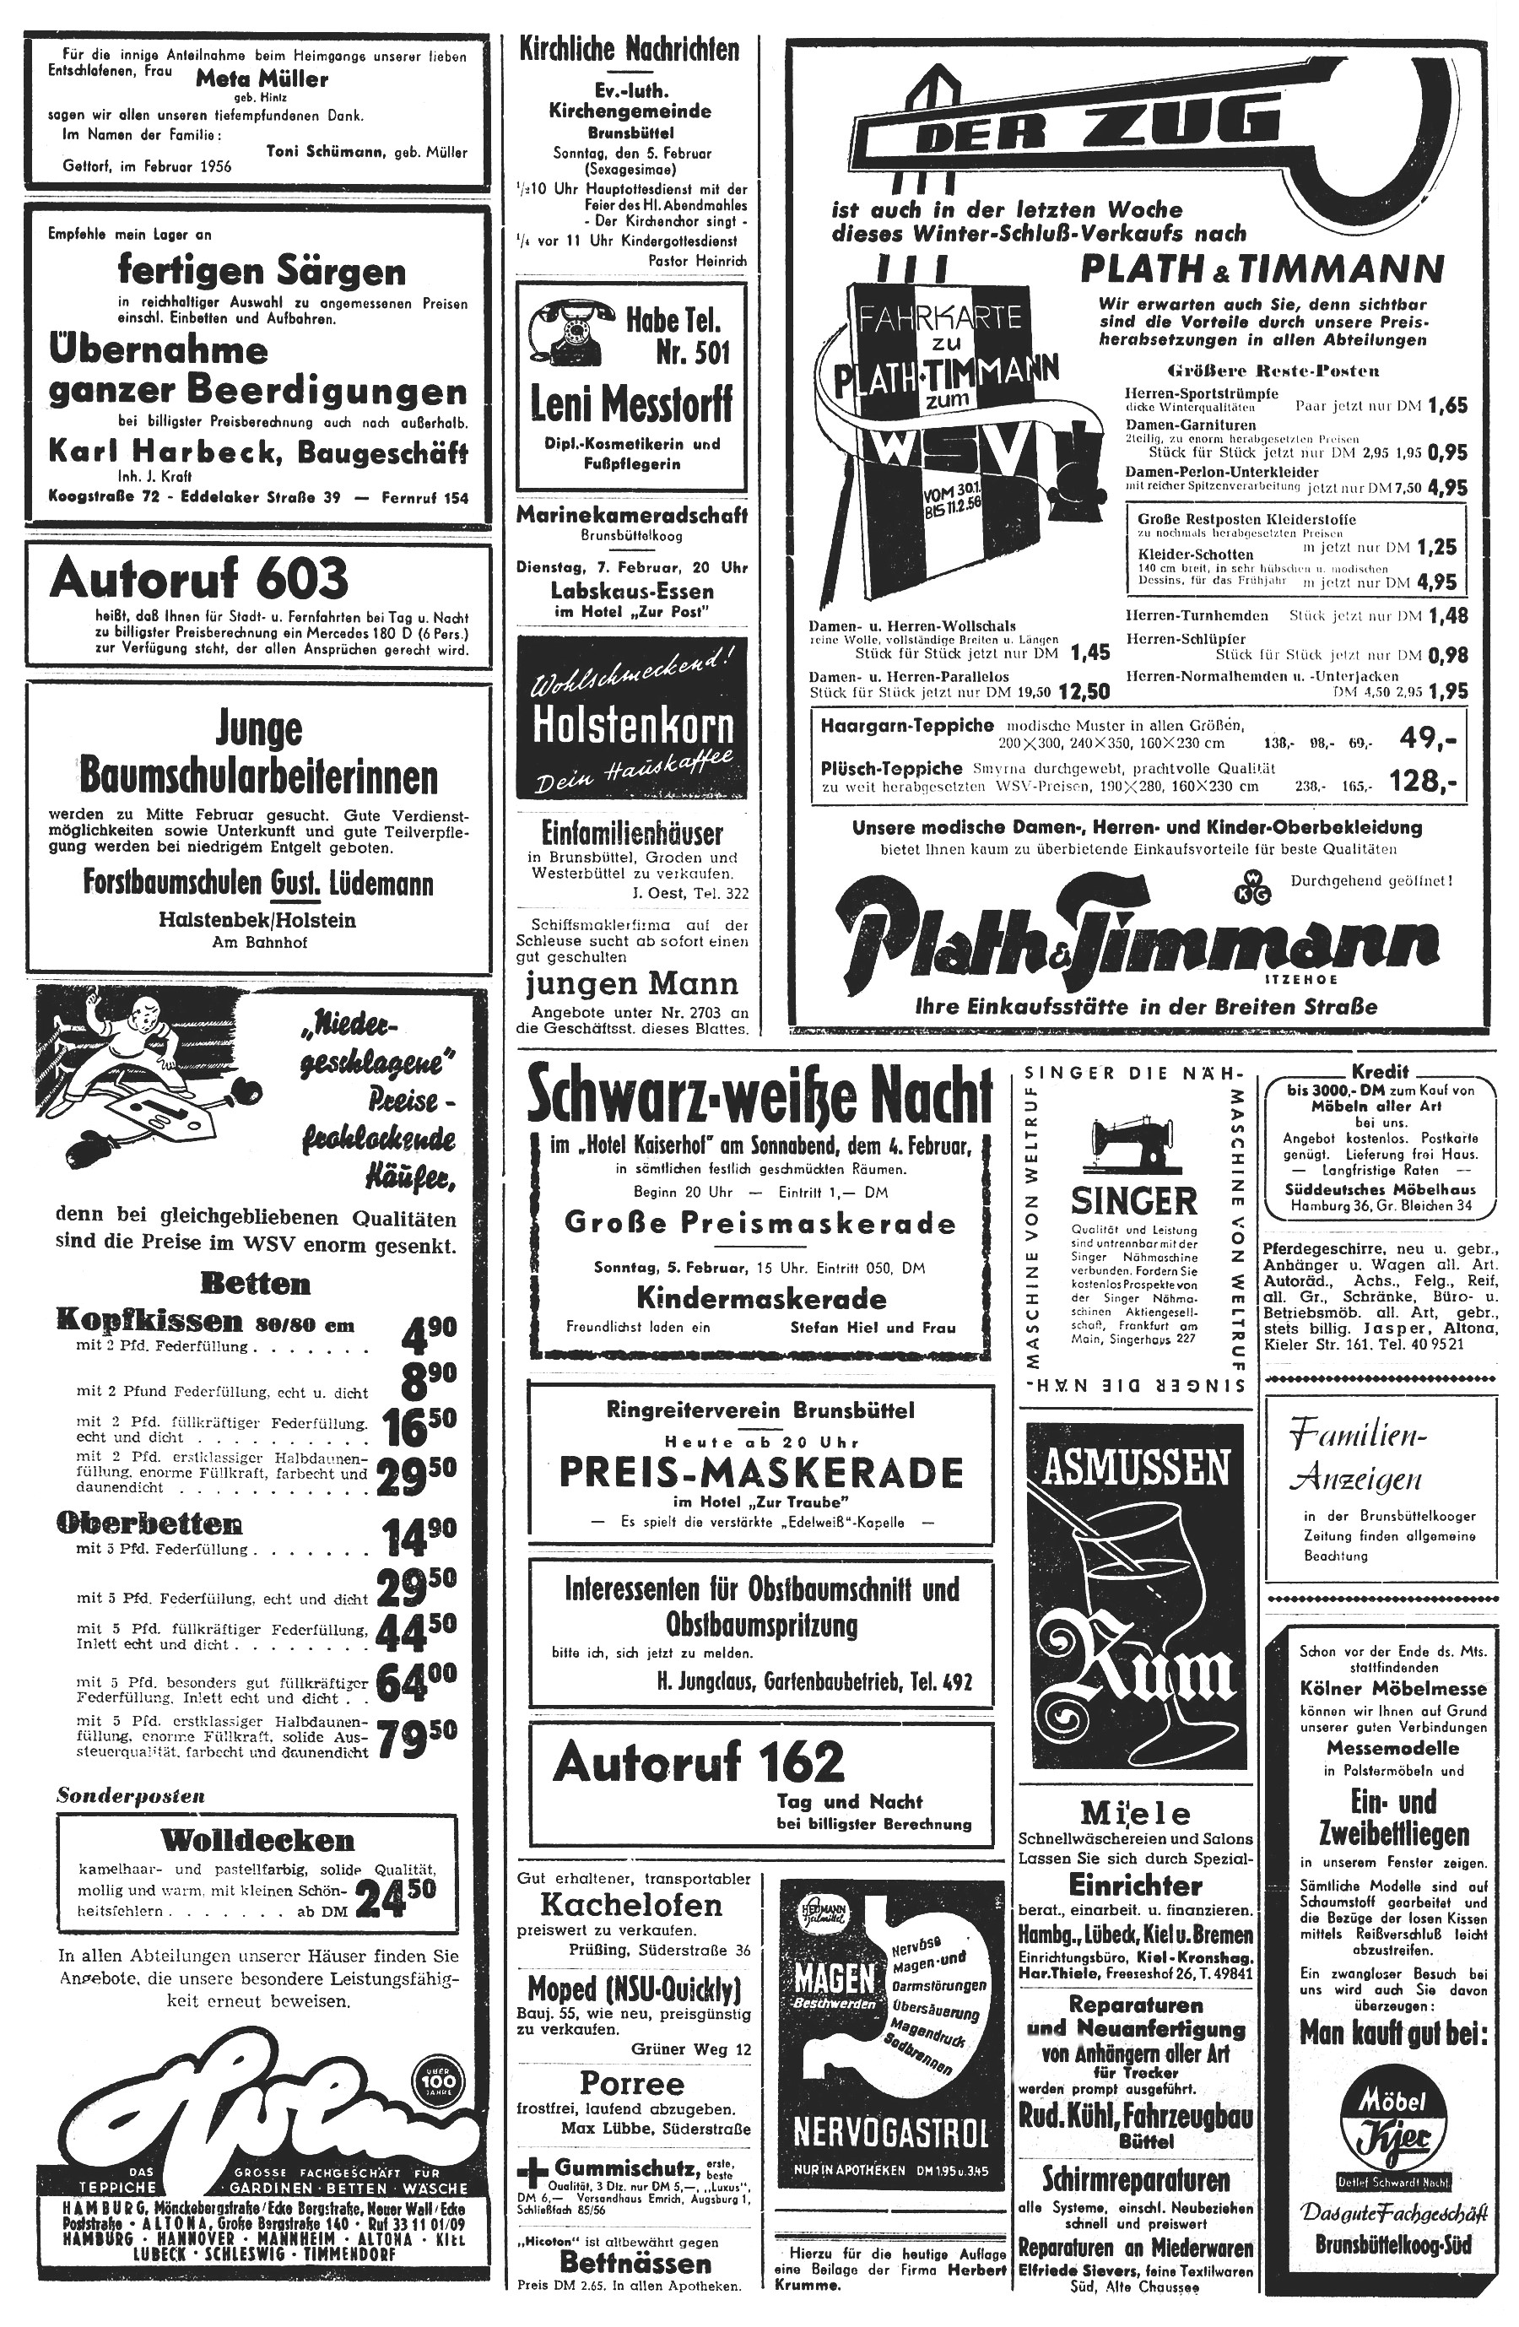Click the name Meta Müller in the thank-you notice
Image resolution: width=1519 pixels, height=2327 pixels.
[x=261, y=79]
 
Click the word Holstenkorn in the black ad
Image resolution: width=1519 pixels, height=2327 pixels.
[x=632, y=726]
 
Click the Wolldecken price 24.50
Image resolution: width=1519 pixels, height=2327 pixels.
[x=397, y=1899]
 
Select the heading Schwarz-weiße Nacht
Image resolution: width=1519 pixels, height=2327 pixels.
[x=759, y=1098]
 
